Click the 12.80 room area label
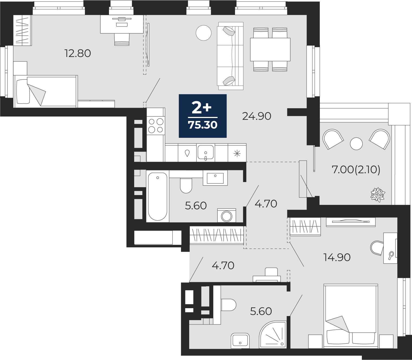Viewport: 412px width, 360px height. click(x=78, y=54)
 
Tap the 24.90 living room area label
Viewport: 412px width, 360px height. click(x=256, y=116)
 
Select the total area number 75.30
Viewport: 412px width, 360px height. click(x=202, y=125)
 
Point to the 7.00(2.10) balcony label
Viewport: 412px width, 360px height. click(x=356, y=170)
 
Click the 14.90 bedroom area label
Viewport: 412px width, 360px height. click(x=337, y=257)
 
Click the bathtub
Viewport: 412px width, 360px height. click(x=158, y=196)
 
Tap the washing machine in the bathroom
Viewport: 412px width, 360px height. click(x=227, y=215)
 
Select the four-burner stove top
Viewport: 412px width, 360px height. click(x=156, y=125)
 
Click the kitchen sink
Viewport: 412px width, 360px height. click(x=205, y=152)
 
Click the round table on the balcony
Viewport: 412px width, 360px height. click(x=356, y=144)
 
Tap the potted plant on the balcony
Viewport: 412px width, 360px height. click(x=378, y=195)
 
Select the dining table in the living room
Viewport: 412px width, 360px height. click(x=270, y=49)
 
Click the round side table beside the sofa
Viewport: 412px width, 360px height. click(x=204, y=33)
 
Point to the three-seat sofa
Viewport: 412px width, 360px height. click(x=230, y=56)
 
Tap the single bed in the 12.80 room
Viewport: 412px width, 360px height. click(x=46, y=91)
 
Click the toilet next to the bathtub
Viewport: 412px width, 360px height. click(x=186, y=186)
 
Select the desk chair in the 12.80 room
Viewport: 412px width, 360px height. click(x=122, y=40)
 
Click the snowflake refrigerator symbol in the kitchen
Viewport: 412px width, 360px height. click(x=237, y=154)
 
